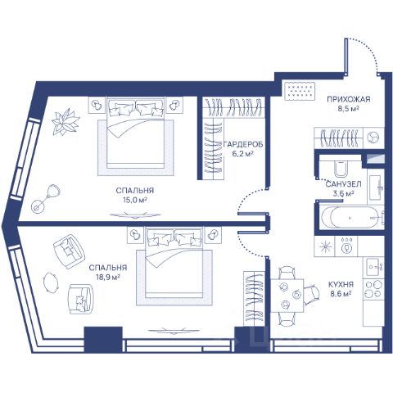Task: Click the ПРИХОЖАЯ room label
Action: (349, 99)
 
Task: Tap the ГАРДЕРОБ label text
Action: (243, 144)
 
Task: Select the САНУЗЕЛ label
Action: (343, 184)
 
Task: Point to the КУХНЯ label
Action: (341, 284)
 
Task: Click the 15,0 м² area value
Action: (135, 200)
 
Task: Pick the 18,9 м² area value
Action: (108, 278)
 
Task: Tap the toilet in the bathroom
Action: (341, 169)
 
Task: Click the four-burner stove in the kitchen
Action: (373, 289)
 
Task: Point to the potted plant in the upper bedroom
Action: (65, 121)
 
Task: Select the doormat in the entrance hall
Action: (300, 91)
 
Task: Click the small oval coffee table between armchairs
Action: (51, 282)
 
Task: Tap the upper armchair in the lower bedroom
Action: (68, 251)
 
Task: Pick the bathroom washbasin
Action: (377, 187)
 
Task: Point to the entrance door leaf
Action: (346, 56)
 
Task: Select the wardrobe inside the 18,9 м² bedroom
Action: (254, 299)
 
